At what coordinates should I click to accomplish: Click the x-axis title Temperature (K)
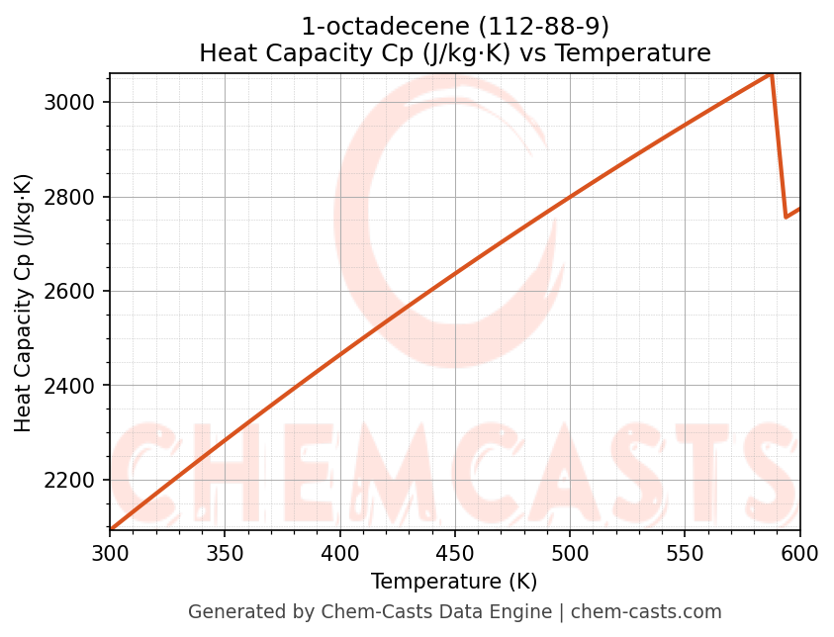pos(454,582)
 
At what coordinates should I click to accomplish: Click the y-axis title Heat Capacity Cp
pos(24,303)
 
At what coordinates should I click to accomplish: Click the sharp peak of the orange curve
pos(771,74)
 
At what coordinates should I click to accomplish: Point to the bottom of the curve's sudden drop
pos(786,217)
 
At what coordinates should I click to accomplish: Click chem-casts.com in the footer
pos(646,612)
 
